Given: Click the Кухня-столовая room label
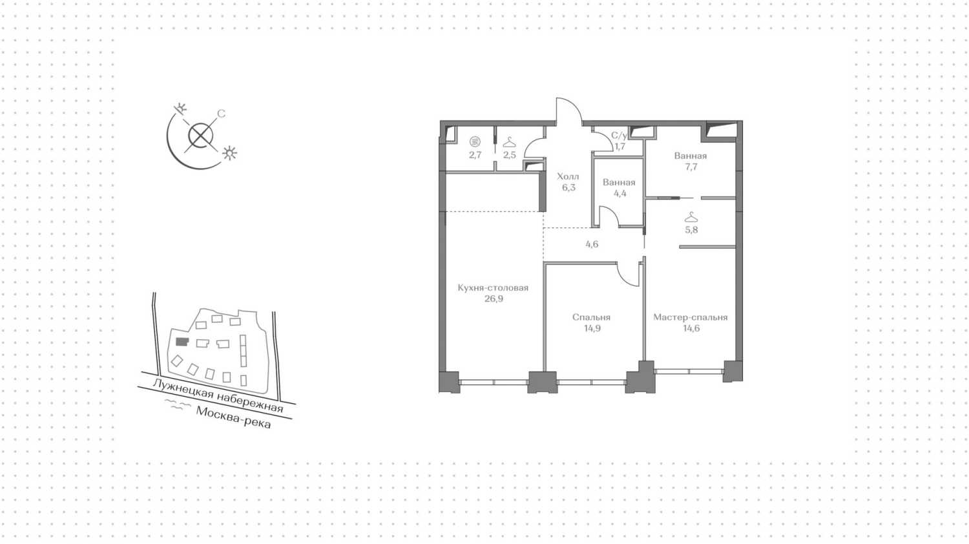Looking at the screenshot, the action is click(x=493, y=288).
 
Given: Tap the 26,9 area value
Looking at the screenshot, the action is click(x=494, y=299).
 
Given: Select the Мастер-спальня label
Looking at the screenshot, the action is click(x=691, y=317).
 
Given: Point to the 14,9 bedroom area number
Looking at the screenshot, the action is click(x=592, y=328).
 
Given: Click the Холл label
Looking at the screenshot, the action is click(x=568, y=176).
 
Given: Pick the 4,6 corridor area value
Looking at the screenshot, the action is click(x=592, y=244).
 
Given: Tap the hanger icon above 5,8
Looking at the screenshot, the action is click(x=691, y=217).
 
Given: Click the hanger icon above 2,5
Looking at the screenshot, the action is click(x=510, y=142).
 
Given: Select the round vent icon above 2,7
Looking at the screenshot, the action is click(x=475, y=141).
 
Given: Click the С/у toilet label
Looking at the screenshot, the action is click(x=619, y=136).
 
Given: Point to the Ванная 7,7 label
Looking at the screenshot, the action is click(x=691, y=162).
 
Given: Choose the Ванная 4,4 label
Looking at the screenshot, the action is click(x=620, y=188).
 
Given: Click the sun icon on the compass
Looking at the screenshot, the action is click(x=229, y=153).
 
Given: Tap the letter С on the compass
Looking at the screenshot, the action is click(x=221, y=114).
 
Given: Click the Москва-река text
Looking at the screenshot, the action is click(x=234, y=417).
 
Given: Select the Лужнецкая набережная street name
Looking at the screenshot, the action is click(x=218, y=395).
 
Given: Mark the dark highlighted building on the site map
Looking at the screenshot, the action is click(x=182, y=342).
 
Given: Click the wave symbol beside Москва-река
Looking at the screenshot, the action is click(x=178, y=404).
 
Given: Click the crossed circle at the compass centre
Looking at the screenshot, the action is click(x=201, y=136).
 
